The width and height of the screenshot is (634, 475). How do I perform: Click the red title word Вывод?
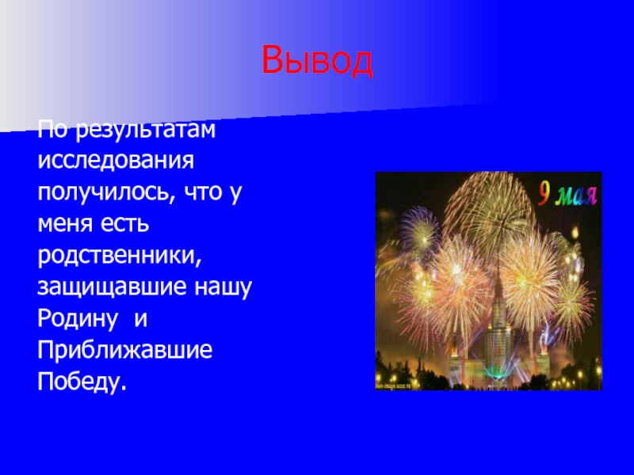click(x=317, y=61)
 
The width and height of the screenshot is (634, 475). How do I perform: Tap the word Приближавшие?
click(x=124, y=350)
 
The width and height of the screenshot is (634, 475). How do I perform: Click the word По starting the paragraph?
click(x=52, y=128)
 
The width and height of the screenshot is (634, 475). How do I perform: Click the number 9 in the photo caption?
click(x=545, y=192)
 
